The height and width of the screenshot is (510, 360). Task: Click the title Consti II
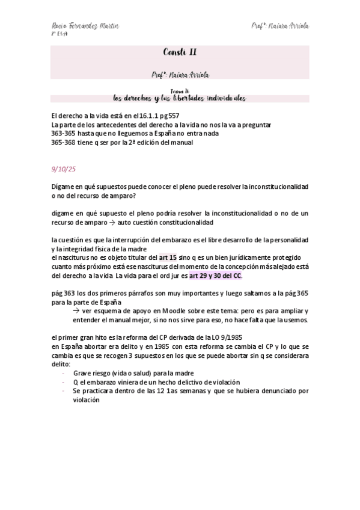point(180,52)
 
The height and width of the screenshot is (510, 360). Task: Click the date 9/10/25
point(63,169)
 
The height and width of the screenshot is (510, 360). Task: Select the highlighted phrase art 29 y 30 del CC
point(215,275)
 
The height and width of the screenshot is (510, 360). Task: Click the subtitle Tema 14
point(180,91)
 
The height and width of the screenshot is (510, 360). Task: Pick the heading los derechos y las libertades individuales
point(180,98)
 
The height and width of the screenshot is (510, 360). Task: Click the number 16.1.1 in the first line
point(145,115)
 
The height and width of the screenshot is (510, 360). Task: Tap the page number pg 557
point(168,115)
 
